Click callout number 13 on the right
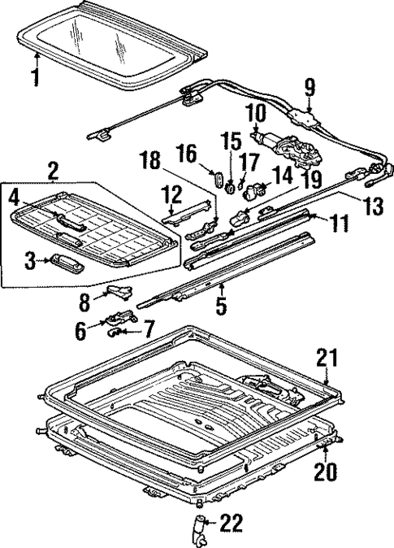tap(374, 207)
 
